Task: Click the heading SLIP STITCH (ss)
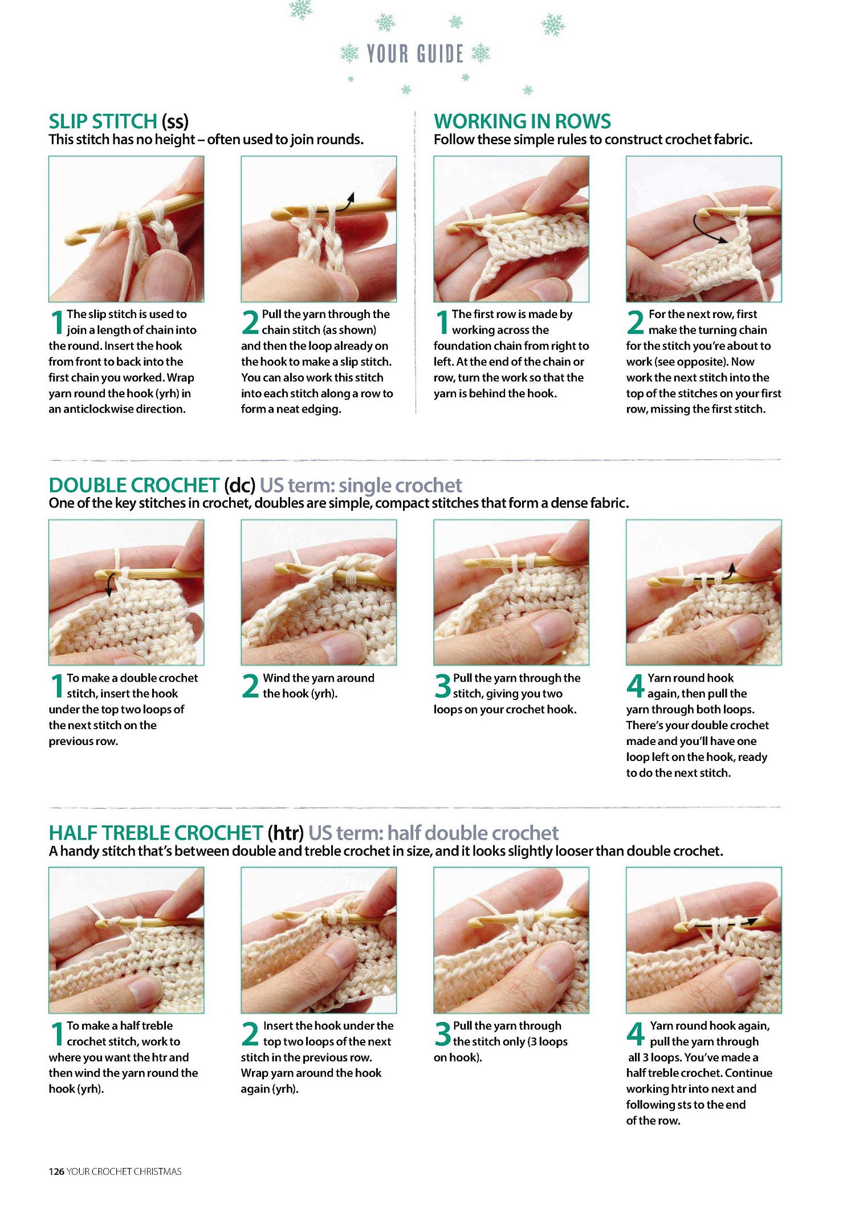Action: pyautogui.click(x=119, y=121)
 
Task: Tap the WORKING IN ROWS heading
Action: pyautogui.click(x=522, y=121)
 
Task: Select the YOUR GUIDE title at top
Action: pyautogui.click(x=415, y=54)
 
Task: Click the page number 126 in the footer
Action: pyautogui.click(x=56, y=1171)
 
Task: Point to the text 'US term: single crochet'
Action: pyautogui.click(x=361, y=485)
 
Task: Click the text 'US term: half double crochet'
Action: pyautogui.click(x=433, y=833)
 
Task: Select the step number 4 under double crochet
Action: pyautogui.click(x=636, y=686)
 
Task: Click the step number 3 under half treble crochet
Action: pyautogui.click(x=443, y=1033)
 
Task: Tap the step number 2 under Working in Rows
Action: pyautogui.click(x=636, y=322)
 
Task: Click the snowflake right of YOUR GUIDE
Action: pyautogui.click(x=481, y=53)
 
